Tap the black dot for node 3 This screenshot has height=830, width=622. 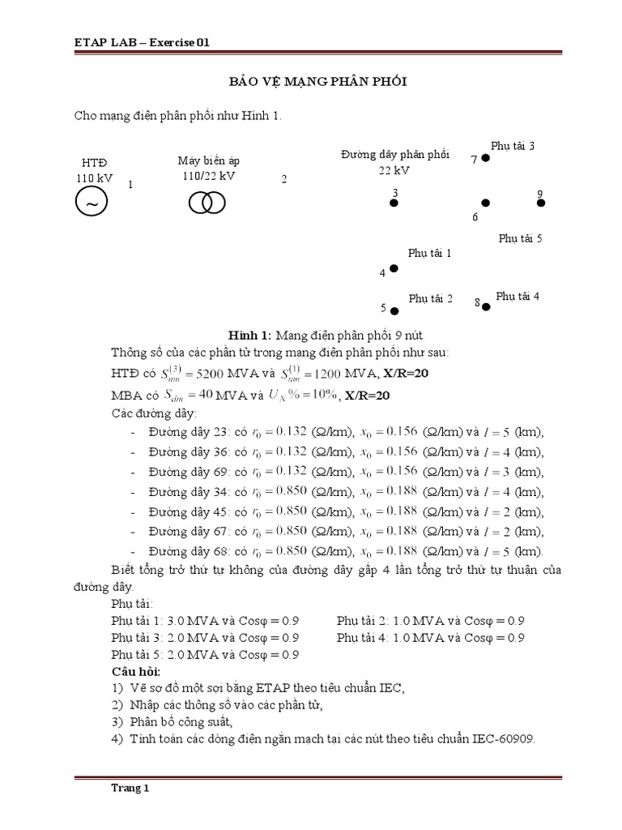(394, 203)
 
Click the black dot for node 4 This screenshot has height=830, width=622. (394, 268)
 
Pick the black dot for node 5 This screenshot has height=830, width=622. (394, 310)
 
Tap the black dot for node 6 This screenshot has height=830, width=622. (485, 203)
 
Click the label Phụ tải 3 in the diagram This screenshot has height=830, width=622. (512, 146)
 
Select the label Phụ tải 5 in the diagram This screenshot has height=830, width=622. (520, 238)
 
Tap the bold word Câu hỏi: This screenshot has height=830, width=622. (135, 673)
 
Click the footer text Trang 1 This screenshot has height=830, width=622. (130, 787)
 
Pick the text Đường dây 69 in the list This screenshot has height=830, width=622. (190, 471)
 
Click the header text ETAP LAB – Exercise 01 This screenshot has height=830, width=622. (137, 42)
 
